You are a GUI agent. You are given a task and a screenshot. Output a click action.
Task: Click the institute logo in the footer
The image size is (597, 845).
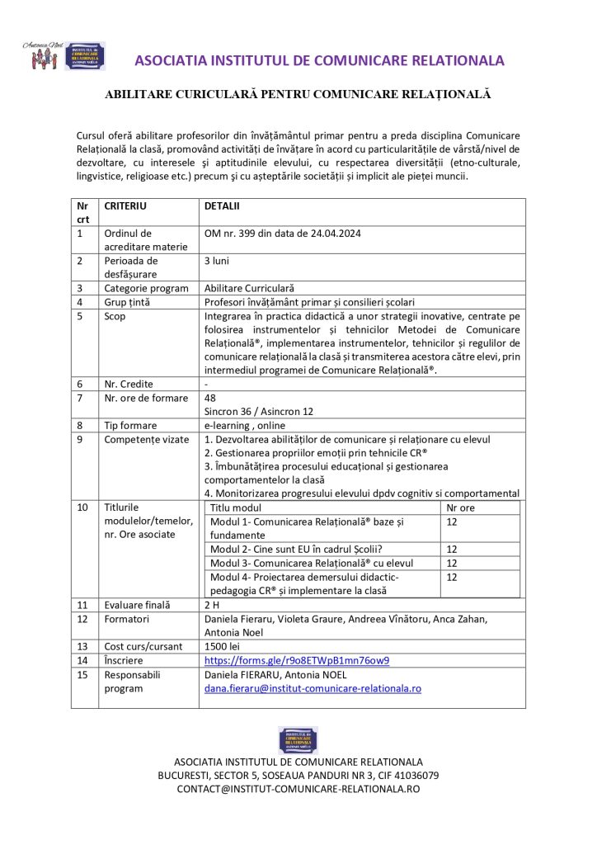pos(298,739)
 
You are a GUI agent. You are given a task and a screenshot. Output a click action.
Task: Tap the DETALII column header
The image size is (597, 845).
pos(222,205)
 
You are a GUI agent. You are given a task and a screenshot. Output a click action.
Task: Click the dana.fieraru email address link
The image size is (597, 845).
pos(313,687)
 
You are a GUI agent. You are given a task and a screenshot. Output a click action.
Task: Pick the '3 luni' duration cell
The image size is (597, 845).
pos(218,260)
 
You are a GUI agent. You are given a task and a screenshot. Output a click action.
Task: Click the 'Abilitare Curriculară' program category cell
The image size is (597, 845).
pos(249,288)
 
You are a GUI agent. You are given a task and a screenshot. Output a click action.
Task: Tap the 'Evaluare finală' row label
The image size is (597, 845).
pos(136,605)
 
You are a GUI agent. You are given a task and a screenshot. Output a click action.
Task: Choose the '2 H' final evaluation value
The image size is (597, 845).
pos(212,605)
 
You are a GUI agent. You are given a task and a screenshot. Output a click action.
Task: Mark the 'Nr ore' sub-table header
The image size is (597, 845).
pos(461,508)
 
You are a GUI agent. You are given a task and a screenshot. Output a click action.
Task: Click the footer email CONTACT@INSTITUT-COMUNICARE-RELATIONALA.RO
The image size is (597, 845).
pos(298,789)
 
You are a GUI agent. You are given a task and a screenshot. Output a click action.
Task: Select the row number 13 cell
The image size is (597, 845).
pos(82,646)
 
